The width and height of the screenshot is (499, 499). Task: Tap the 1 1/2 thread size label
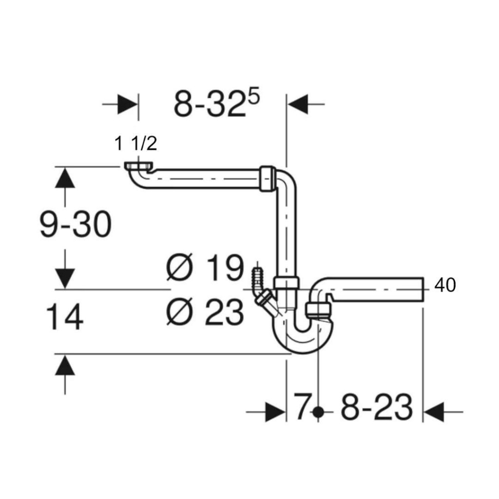pos(136,143)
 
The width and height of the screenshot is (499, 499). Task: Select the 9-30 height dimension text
pos(76,224)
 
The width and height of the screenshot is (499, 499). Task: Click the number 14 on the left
pos(65,317)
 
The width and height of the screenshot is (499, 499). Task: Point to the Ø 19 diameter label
pos(205,268)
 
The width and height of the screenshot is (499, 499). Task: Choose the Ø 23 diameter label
pos(205,312)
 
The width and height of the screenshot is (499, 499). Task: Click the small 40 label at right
pos(445,285)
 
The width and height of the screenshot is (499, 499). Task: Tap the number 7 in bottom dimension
pos(301,406)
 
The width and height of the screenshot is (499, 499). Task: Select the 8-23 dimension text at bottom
pos(377,407)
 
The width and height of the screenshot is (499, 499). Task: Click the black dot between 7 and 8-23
pos(318,412)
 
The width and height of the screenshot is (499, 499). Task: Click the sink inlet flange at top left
pos(138,166)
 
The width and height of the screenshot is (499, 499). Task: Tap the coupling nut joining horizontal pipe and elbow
pos(268,178)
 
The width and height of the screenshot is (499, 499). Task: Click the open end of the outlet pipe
pos(423,289)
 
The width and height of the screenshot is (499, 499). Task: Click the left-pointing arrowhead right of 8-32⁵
pos(298,104)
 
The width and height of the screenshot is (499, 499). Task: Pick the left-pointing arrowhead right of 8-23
pos(433,412)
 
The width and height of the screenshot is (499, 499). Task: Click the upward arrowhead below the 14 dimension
pos(65,365)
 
